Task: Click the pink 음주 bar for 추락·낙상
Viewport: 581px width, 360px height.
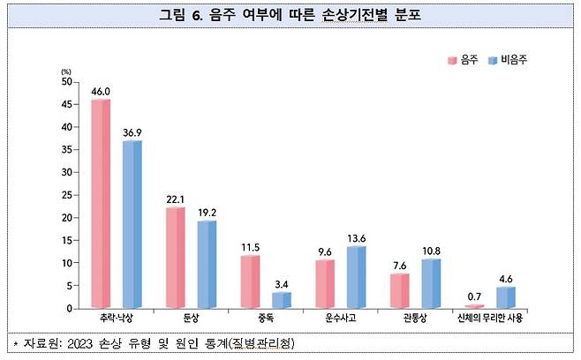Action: click(x=101, y=204)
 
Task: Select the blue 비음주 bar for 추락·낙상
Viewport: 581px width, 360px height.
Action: click(x=132, y=224)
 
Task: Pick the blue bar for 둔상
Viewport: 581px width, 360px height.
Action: click(x=206, y=264)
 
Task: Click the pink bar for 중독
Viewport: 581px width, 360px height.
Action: click(x=250, y=281)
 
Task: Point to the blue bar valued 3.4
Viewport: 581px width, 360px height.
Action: click(x=281, y=300)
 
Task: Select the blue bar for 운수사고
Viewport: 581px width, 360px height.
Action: click(x=355, y=277)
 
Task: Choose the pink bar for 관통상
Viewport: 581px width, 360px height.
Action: click(x=399, y=290)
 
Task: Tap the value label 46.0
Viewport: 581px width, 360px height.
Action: click(x=101, y=90)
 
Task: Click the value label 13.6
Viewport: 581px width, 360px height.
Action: click(x=356, y=236)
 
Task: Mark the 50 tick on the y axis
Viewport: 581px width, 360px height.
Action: click(x=67, y=81)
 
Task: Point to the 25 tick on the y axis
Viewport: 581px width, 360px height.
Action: click(x=67, y=195)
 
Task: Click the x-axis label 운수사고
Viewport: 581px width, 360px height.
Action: click(x=340, y=319)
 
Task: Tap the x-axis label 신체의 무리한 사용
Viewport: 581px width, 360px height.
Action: click(x=489, y=319)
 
